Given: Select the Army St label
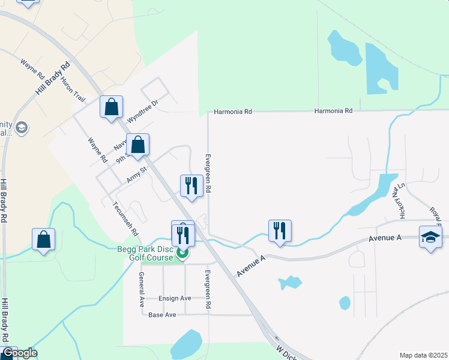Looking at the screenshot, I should pyautogui.click(x=137, y=175).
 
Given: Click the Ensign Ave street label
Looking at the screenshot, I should pyautogui.click(x=175, y=298).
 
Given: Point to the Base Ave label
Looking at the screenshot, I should pyautogui.click(x=162, y=315).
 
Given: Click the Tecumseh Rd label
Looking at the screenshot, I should pyautogui.click(x=126, y=218).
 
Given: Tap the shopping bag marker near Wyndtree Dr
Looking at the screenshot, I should pyautogui.click(x=111, y=107).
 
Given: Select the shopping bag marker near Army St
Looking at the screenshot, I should pyautogui.click(x=138, y=145).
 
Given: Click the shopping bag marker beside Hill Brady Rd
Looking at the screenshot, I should pyautogui.click(x=43, y=239).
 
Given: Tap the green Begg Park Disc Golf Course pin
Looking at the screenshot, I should pyautogui.click(x=182, y=252).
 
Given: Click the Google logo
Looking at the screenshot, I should pyautogui.click(x=19, y=353).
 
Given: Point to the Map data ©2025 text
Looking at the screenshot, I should pyautogui.click(x=423, y=355).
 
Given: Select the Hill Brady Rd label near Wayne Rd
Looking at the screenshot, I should pyautogui.click(x=53, y=78).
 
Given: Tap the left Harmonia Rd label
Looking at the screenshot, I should pyautogui.click(x=234, y=112).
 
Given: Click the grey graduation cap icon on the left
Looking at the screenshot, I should pyautogui.click(x=22, y=127).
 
